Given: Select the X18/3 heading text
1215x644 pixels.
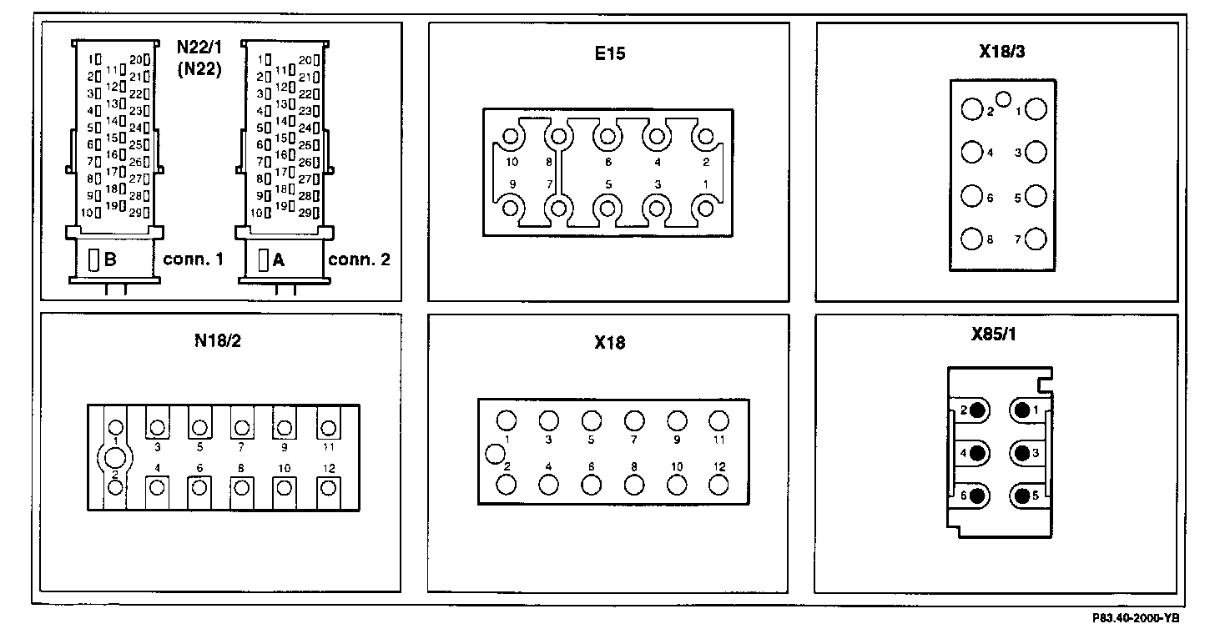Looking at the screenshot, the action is [x=1002, y=52].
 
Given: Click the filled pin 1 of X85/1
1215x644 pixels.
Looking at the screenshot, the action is [x=1022, y=410].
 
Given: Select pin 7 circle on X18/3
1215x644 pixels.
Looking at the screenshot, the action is [x=1036, y=239].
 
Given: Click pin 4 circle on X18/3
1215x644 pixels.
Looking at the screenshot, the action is [x=971, y=153].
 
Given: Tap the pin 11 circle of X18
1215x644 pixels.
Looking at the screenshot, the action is [x=718, y=420].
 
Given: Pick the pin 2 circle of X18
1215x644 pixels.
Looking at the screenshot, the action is [x=506, y=484].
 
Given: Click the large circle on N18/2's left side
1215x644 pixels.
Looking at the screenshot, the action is [x=114, y=457].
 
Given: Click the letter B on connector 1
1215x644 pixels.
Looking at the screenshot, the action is [x=110, y=259].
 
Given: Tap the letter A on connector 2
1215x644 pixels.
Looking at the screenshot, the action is [x=279, y=260].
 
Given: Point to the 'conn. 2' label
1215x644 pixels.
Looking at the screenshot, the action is [x=359, y=259].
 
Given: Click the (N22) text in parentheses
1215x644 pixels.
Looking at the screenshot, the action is [x=199, y=70].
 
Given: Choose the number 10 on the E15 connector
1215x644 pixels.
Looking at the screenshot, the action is [x=512, y=161].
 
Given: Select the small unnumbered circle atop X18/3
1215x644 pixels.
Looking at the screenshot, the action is [x=1004, y=100].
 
